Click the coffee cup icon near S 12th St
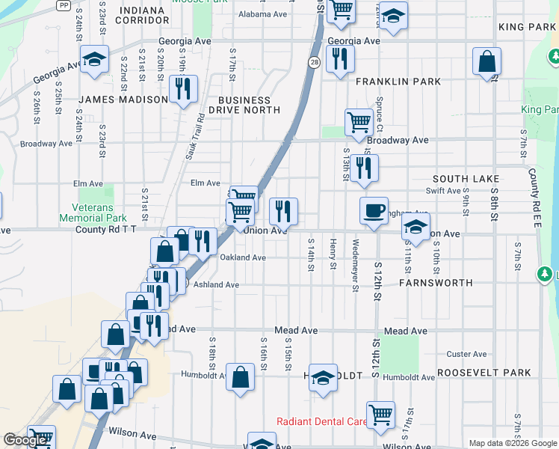374,210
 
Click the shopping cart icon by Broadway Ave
359,122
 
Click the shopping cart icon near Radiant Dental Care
380,415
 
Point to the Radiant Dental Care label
321,421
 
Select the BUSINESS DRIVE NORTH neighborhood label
244,105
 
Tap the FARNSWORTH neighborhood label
436,283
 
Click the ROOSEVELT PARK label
484,373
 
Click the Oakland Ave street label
243,257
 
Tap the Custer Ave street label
466,354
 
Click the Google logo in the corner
25,440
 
